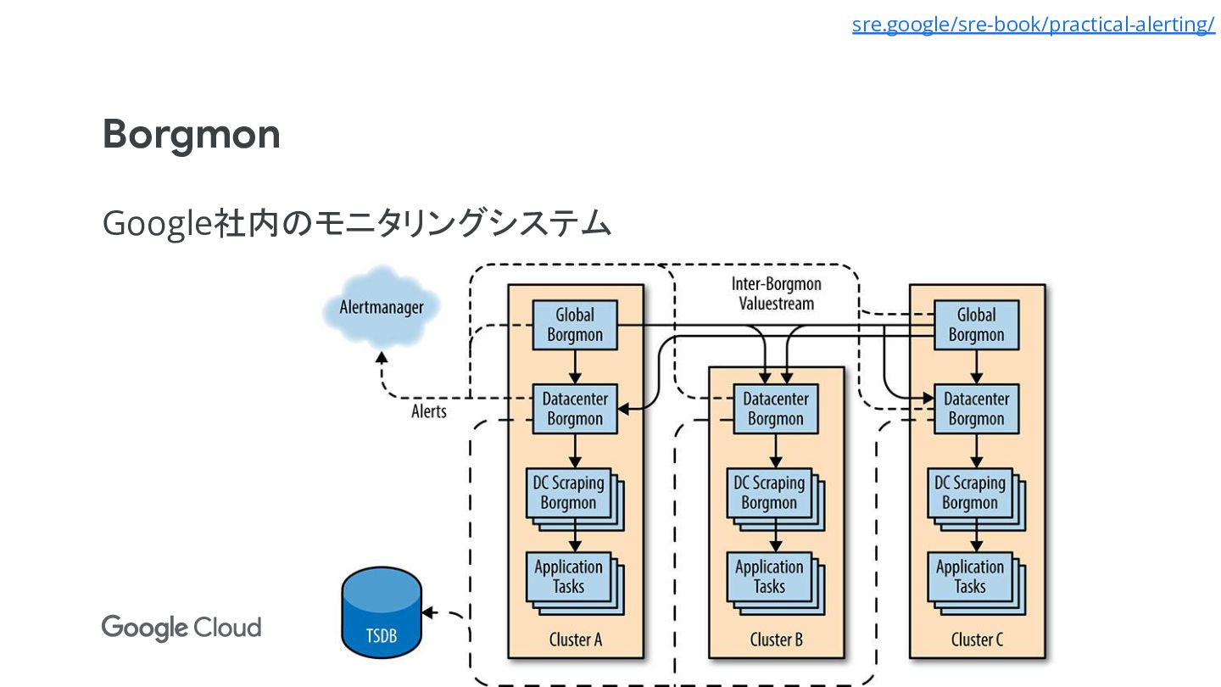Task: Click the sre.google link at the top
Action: pos(1033,25)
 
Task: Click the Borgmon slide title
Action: pos(191,134)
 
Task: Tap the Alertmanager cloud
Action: pos(382,307)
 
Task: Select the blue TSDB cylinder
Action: pos(382,614)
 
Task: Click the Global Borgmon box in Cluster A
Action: pos(574,324)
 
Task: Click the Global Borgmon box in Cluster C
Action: pos(976,324)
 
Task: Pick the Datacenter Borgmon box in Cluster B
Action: pos(775,408)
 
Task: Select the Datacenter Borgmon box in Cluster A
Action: pos(574,408)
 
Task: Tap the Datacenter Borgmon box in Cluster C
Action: pos(976,408)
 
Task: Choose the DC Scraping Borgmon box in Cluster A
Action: pos(568,493)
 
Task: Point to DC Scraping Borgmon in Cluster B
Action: pos(769,493)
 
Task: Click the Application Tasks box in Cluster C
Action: pos(970,577)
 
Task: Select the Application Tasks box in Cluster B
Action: pos(769,577)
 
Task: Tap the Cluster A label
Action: pos(575,640)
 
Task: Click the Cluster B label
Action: pos(776,640)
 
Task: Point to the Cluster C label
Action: pos(977,640)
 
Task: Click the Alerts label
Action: pos(429,411)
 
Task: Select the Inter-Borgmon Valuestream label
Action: pos(776,293)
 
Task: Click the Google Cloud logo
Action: pos(181,628)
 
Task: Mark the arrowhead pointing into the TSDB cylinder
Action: pos(428,612)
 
